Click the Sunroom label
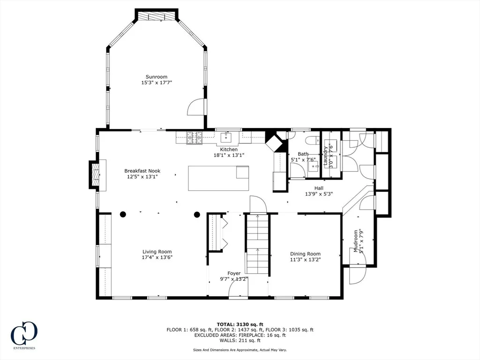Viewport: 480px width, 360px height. [x=157, y=77]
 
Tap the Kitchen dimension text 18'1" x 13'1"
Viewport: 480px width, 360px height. [x=229, y=155]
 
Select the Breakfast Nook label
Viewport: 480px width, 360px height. [x=142, y=171]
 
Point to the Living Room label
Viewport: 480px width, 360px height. [x=157, y=252]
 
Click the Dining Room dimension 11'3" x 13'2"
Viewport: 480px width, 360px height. [x=305, y=260]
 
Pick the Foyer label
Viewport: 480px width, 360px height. [x=234, y=273]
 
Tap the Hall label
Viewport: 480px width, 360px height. [x=319, y=188]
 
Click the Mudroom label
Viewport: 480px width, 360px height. [x=356, y=241]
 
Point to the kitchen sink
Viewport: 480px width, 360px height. [x=226, y=138]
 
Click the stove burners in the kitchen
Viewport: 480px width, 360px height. [x=195, y=138]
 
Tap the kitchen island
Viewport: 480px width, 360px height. [x=218, y=179]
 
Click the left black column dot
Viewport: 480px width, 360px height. [x=123, y=214]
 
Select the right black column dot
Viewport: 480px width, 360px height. [x=197, y=214]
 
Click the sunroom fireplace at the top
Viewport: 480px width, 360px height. [x=157, y=16]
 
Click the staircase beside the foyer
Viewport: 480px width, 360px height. [x=257, y=244]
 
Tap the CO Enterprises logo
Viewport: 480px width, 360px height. [x=24, y=335]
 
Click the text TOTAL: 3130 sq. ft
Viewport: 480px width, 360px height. [x=240, y=324]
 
